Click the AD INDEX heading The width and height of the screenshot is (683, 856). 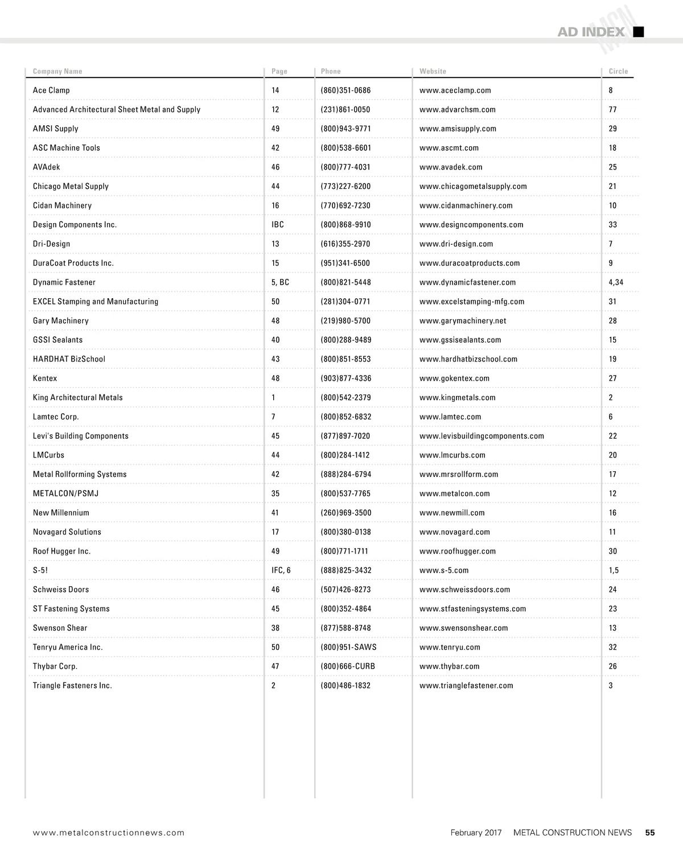(x=591, y=32)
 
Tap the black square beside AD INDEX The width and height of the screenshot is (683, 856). (x=639, y=32)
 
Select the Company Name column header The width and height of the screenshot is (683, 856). (x=57, y=71)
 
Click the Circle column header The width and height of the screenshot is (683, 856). (x=618, y=71)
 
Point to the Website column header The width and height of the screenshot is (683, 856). (x=433, y=71)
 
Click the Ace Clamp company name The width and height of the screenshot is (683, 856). (x=51, y=90)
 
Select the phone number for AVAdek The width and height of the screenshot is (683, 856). (x=345, y=167)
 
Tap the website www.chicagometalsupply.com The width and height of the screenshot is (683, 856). (x=473, y=187)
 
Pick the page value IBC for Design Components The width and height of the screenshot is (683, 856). (x=278, y=225)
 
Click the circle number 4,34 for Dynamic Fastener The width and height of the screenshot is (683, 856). (x=616, y=282)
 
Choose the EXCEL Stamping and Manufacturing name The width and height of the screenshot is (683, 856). (x=96, y=302)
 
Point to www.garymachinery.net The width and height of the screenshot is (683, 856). (x=463, y=321)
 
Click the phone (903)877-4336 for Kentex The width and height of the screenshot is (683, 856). (x=345, y=378)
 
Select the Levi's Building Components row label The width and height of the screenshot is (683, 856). (x=81, y=436)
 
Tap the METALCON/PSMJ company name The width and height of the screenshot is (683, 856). (x=65, y=493)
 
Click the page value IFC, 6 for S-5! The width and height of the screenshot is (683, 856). (x=281, y=570)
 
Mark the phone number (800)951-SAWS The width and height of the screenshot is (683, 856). (x=348, y=647)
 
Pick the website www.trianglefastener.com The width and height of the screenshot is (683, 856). (x=466, y=686)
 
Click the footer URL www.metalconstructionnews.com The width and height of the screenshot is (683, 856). (x=109, y=833)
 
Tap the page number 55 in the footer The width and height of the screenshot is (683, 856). (x=650, y=833)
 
